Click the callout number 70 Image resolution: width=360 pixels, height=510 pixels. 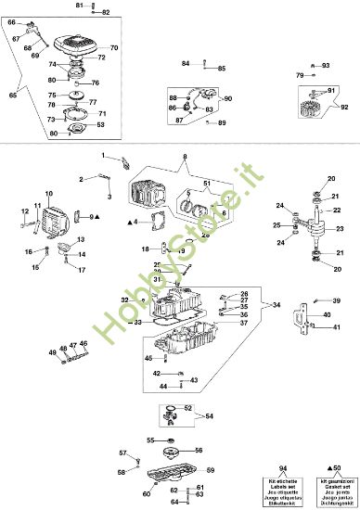pyautogui.click(x=113, y=47)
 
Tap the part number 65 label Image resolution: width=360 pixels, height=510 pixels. pyautogui.click(x=12, y=96)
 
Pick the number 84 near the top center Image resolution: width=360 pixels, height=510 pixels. pyautogui.click(x=186, y=63)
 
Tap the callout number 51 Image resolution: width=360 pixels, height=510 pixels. pyautogui.click(x=207, y=183)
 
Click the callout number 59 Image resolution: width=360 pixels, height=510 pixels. pyautogui.click(x=210, y=471)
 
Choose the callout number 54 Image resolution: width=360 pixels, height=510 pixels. pyautogui.click(x=210, y=416)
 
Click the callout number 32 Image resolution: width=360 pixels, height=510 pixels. pyautogui.click(x=124, y=300)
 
